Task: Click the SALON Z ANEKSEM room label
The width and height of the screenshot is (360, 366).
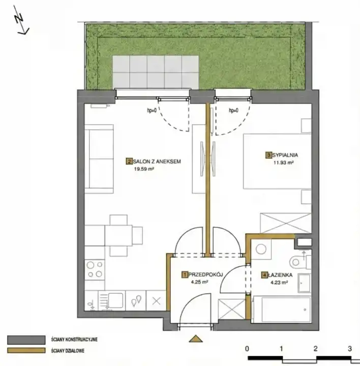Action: coord(157,161)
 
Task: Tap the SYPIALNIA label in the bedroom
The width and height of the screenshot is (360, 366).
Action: coord(285,155)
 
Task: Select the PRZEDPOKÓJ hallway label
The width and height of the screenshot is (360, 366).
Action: coord(206,274)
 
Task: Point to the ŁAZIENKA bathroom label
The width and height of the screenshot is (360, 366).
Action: coord(280,275)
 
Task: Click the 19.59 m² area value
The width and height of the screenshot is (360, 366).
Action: coord(144,169)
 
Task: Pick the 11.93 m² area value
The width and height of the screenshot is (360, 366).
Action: coord(283,163)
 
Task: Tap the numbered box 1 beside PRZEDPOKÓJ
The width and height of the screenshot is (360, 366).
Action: coord(185,274)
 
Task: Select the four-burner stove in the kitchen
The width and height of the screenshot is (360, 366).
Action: coord(95,269)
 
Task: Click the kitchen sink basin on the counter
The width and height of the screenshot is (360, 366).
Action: coord(115,300)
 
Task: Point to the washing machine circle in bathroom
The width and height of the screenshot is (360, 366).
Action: coord(261,249)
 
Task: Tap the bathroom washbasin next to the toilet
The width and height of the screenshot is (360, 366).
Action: coord(304,283)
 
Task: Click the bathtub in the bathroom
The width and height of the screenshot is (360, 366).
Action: coord(282,310)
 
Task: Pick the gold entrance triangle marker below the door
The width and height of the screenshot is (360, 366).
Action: coord(196,339)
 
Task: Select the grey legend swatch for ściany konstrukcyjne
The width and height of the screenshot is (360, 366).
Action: coord(26,340)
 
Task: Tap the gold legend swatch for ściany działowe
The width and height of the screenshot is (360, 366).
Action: coord(26,350)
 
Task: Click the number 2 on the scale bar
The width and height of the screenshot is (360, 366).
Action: coord(315,349)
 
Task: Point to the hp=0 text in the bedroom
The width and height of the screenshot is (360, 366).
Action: coord(234,110)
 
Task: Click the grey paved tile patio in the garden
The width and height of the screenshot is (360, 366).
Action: coord(156,72)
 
